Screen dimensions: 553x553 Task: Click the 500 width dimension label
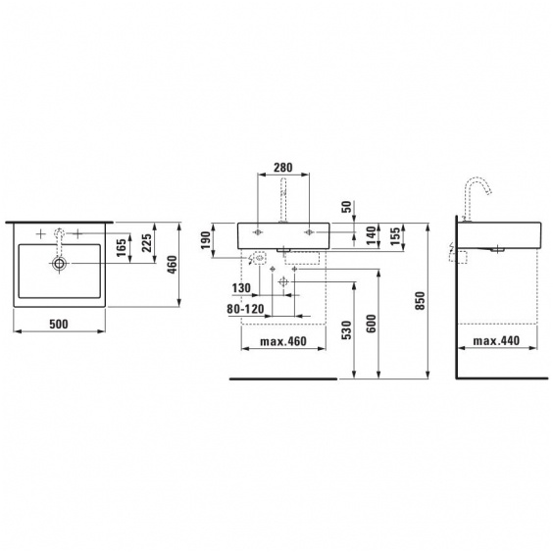[59, 324]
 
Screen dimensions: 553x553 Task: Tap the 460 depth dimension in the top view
[172, 265]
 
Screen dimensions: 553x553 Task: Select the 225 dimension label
[146, 242]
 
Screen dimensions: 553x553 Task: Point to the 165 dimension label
[121, 248]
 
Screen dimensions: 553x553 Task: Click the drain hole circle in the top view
[59, 263]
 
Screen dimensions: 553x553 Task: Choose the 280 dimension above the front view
[283, 167]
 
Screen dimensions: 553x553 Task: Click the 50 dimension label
[347, 207]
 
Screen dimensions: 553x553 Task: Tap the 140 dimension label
[371, 235]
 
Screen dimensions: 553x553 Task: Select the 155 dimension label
[396, 236]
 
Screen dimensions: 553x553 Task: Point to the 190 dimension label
[206, 240]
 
